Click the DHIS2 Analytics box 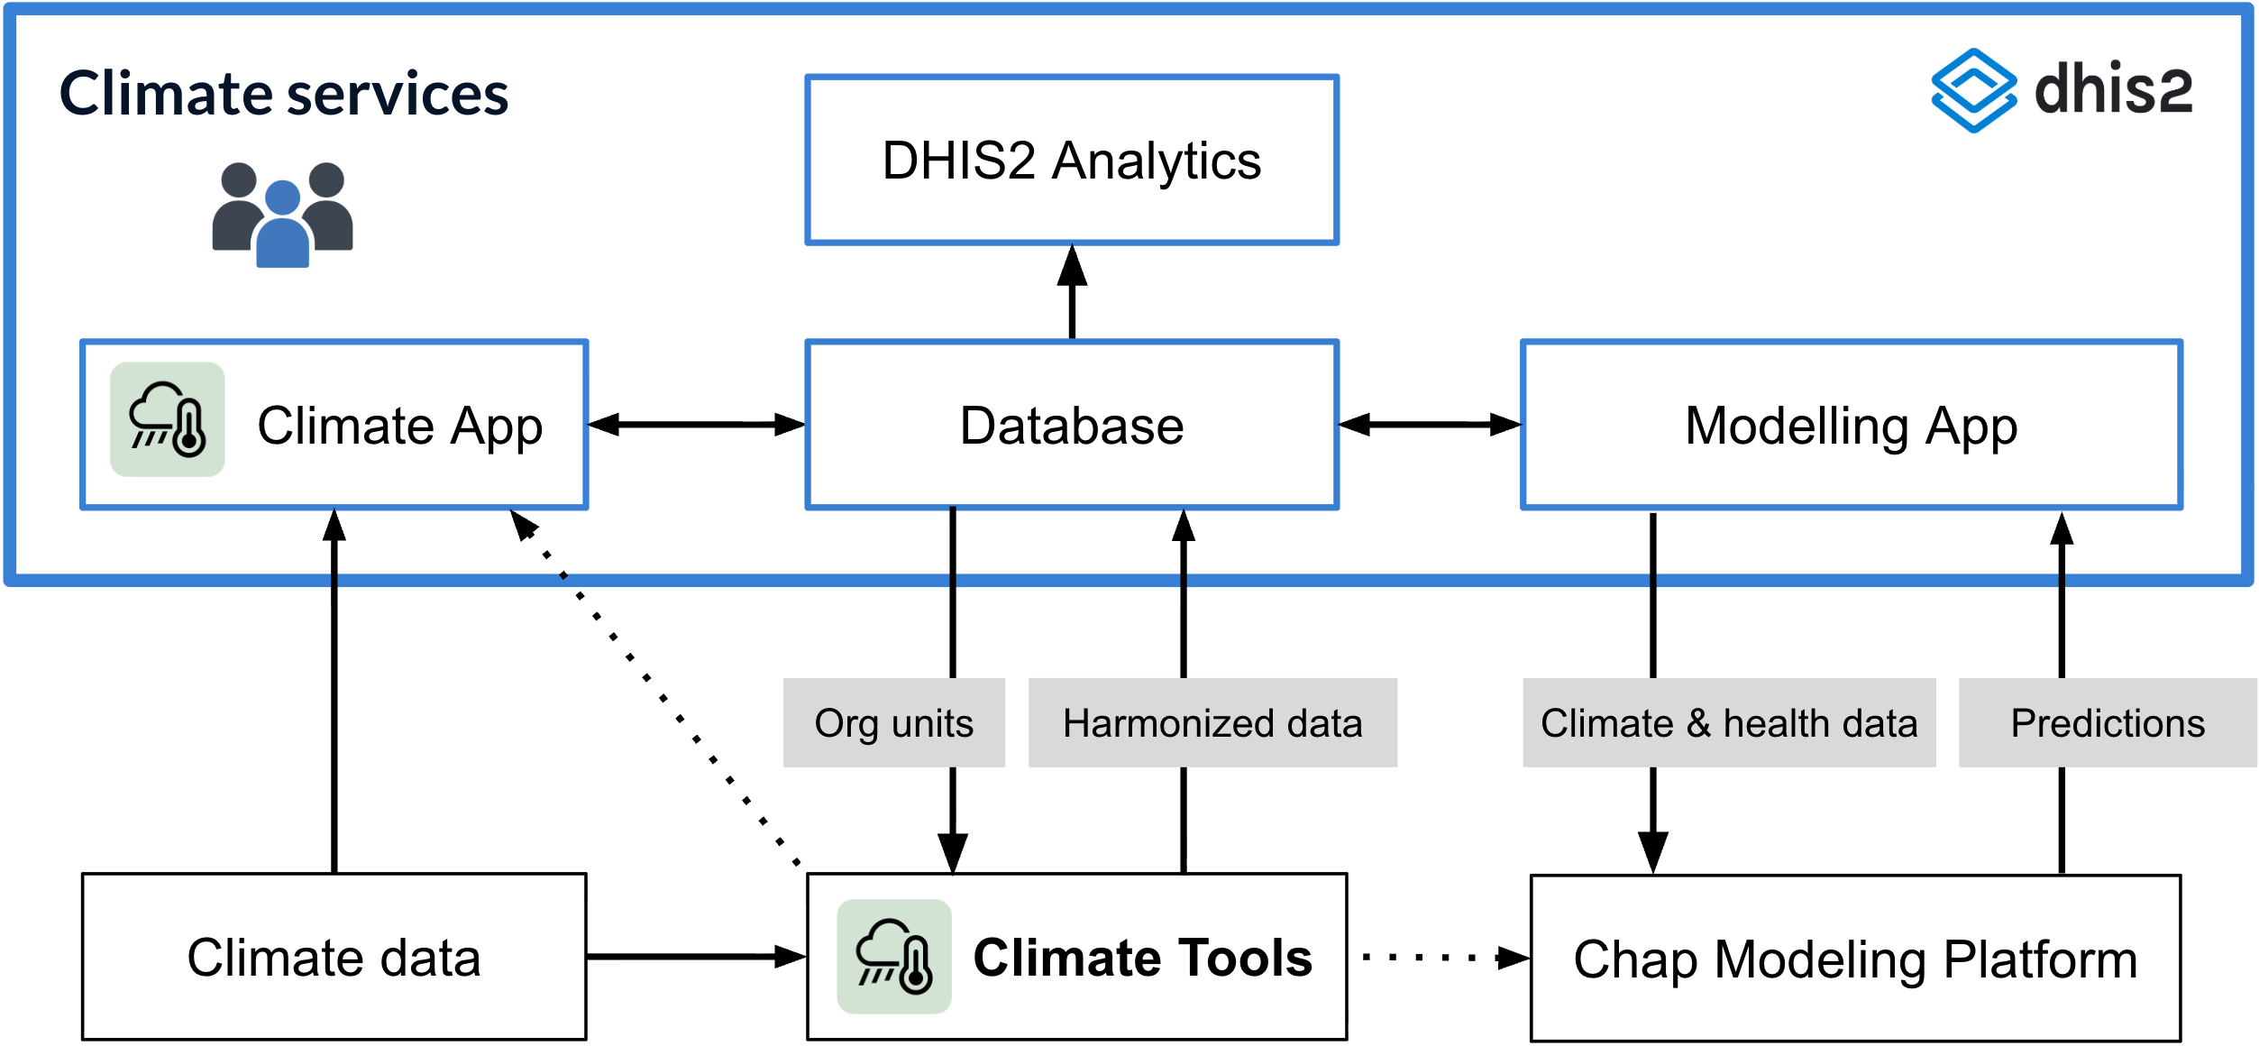pyautogui.click(x=1072, y=160)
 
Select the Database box pyautogui.click(x=1072, y=425)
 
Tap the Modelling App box pyautogui.click(x=1851, y=425)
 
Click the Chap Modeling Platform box pyautogui.click(x=1855, y=959)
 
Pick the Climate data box pyautogui.click(x=334, y=957)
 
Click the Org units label pyautogui.click(x=893, y=723)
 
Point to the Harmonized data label pyautogui.click(x=1212, y=723)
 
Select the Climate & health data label pyautogui.click(x=1728, y=723)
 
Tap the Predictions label pyautogui.click(x=2107, y=723)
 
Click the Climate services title pyautogui.click(x=284, y=94)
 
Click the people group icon pyautogui.click(x=282, y=215)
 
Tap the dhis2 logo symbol pyautogui.click(x=1973, y=90)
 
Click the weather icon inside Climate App pyautogui.click(x=168, y=419)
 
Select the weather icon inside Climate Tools pyautogui.click(x=893, y=957)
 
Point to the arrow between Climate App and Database pyautogui.click(x=696, y=425)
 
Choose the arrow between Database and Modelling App pyautogui.click(x=1430, y=425)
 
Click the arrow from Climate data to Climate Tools pyautogui.click(x=696, y=957)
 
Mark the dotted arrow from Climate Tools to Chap pyautogui.click(x=1439, y=958)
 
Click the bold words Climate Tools pyautogui.click(x=1142, y=958)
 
